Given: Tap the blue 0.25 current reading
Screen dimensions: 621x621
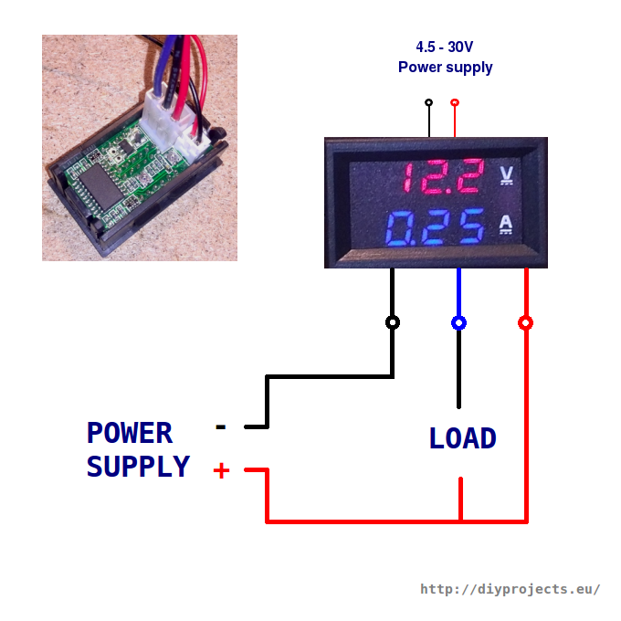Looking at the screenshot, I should click(436, 228).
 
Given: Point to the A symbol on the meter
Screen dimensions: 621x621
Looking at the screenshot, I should click(508, 224).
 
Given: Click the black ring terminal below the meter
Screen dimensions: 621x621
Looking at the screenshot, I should click(393, 322).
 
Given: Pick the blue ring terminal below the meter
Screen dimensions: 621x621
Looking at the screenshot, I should click(458, 322).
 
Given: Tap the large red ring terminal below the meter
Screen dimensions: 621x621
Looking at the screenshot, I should click(525, 322).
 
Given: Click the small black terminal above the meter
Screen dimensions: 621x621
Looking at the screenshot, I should click(428, 102).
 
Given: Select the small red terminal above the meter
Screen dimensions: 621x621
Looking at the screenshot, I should click(455, 102).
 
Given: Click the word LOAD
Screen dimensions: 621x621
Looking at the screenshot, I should click(462, 439).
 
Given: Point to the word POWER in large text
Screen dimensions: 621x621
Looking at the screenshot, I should click(130, 433).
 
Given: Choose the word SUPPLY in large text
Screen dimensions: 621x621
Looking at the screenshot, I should click(138, 467).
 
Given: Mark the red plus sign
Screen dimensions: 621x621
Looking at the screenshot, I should click(221, 470).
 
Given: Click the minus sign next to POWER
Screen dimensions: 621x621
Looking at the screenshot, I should click(220, 426).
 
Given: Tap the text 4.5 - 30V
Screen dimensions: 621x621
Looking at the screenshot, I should click(445, 47).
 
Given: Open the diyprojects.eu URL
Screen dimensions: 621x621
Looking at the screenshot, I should click(510, 589).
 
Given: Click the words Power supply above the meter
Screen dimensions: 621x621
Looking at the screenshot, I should click(445, 67).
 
